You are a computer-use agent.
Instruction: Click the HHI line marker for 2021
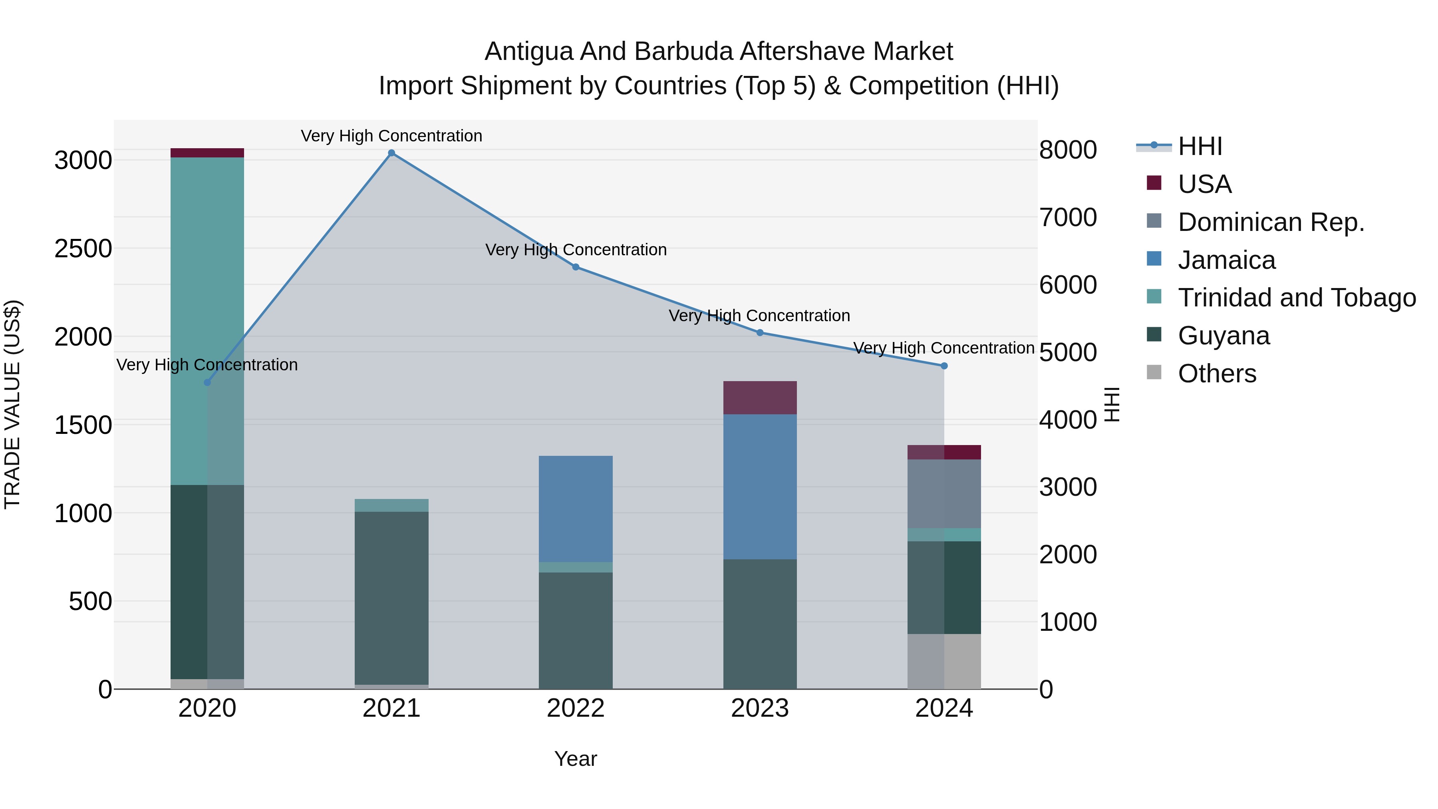pos(391,153)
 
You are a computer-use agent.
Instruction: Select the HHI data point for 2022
pos(576,267)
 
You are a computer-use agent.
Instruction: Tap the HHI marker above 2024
pos(944,366)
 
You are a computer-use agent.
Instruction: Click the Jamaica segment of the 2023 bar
pos(760,486)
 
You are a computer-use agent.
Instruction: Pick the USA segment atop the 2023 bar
pos(760,398)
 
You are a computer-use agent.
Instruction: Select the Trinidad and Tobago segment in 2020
pos(207,321)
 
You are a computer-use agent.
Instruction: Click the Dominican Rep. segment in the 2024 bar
pos(944,493)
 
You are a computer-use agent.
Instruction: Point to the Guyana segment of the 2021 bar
pos(391,597)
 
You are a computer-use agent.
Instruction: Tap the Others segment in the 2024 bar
pos(944,661)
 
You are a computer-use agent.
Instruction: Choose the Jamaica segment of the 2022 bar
pos(576,508)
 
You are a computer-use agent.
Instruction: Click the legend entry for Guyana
pos(1223,336)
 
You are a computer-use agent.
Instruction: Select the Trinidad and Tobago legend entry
pos(1296,298)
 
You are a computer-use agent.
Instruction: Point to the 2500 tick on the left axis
pos(83,248)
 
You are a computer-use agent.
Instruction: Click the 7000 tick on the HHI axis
pos(1067,217)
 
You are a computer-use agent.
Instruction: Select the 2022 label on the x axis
pos(576,708)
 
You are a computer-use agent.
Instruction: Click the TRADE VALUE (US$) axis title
pos(12,404)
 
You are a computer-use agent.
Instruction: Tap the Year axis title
pos(576,759)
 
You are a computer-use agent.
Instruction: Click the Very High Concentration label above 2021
pos(391,136)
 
